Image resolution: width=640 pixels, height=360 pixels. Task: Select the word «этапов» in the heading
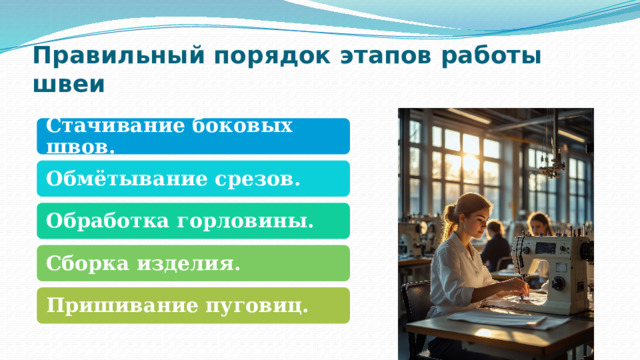point(379,55)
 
